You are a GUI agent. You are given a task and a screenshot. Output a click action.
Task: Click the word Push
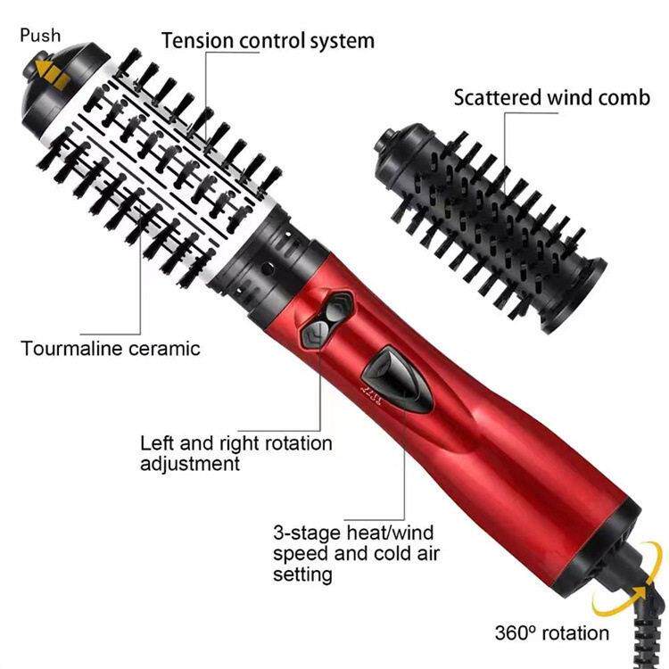(39, 35)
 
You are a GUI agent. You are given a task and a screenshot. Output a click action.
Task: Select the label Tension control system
(268, 40)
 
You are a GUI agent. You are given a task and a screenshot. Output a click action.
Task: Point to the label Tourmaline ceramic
(111, 348)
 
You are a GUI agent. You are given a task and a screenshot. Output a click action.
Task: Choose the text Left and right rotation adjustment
(235, 453)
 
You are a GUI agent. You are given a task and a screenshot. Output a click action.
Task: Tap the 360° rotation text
(552, 633)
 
